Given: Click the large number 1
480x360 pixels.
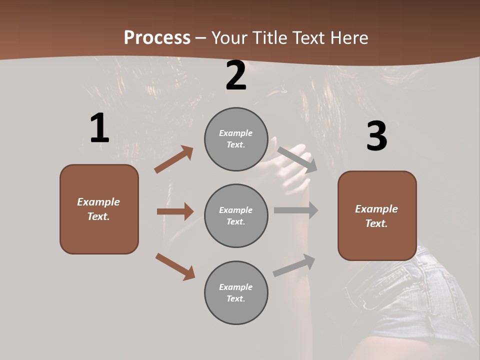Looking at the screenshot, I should [99, 128].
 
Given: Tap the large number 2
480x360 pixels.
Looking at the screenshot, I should [236, 75].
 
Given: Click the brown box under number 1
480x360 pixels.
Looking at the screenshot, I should [99, 209].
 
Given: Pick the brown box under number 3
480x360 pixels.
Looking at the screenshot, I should [377, 215].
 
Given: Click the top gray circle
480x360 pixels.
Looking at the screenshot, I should [236, 139].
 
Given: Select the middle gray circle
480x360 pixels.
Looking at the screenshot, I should [236, 215].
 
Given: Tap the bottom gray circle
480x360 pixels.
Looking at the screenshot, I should [236, 292].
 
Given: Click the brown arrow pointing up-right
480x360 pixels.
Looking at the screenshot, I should [173, 159].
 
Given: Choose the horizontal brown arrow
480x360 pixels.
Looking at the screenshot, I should [175, 211].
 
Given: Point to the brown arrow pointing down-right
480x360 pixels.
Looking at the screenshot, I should [175, 266].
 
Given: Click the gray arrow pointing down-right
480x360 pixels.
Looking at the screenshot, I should [297, 159].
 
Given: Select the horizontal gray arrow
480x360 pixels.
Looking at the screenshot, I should [296, 210].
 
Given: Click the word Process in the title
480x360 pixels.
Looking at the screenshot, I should [157, 37].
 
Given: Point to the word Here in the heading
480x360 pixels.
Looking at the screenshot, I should [348, 37].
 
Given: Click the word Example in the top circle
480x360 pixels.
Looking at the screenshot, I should [236, 133].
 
